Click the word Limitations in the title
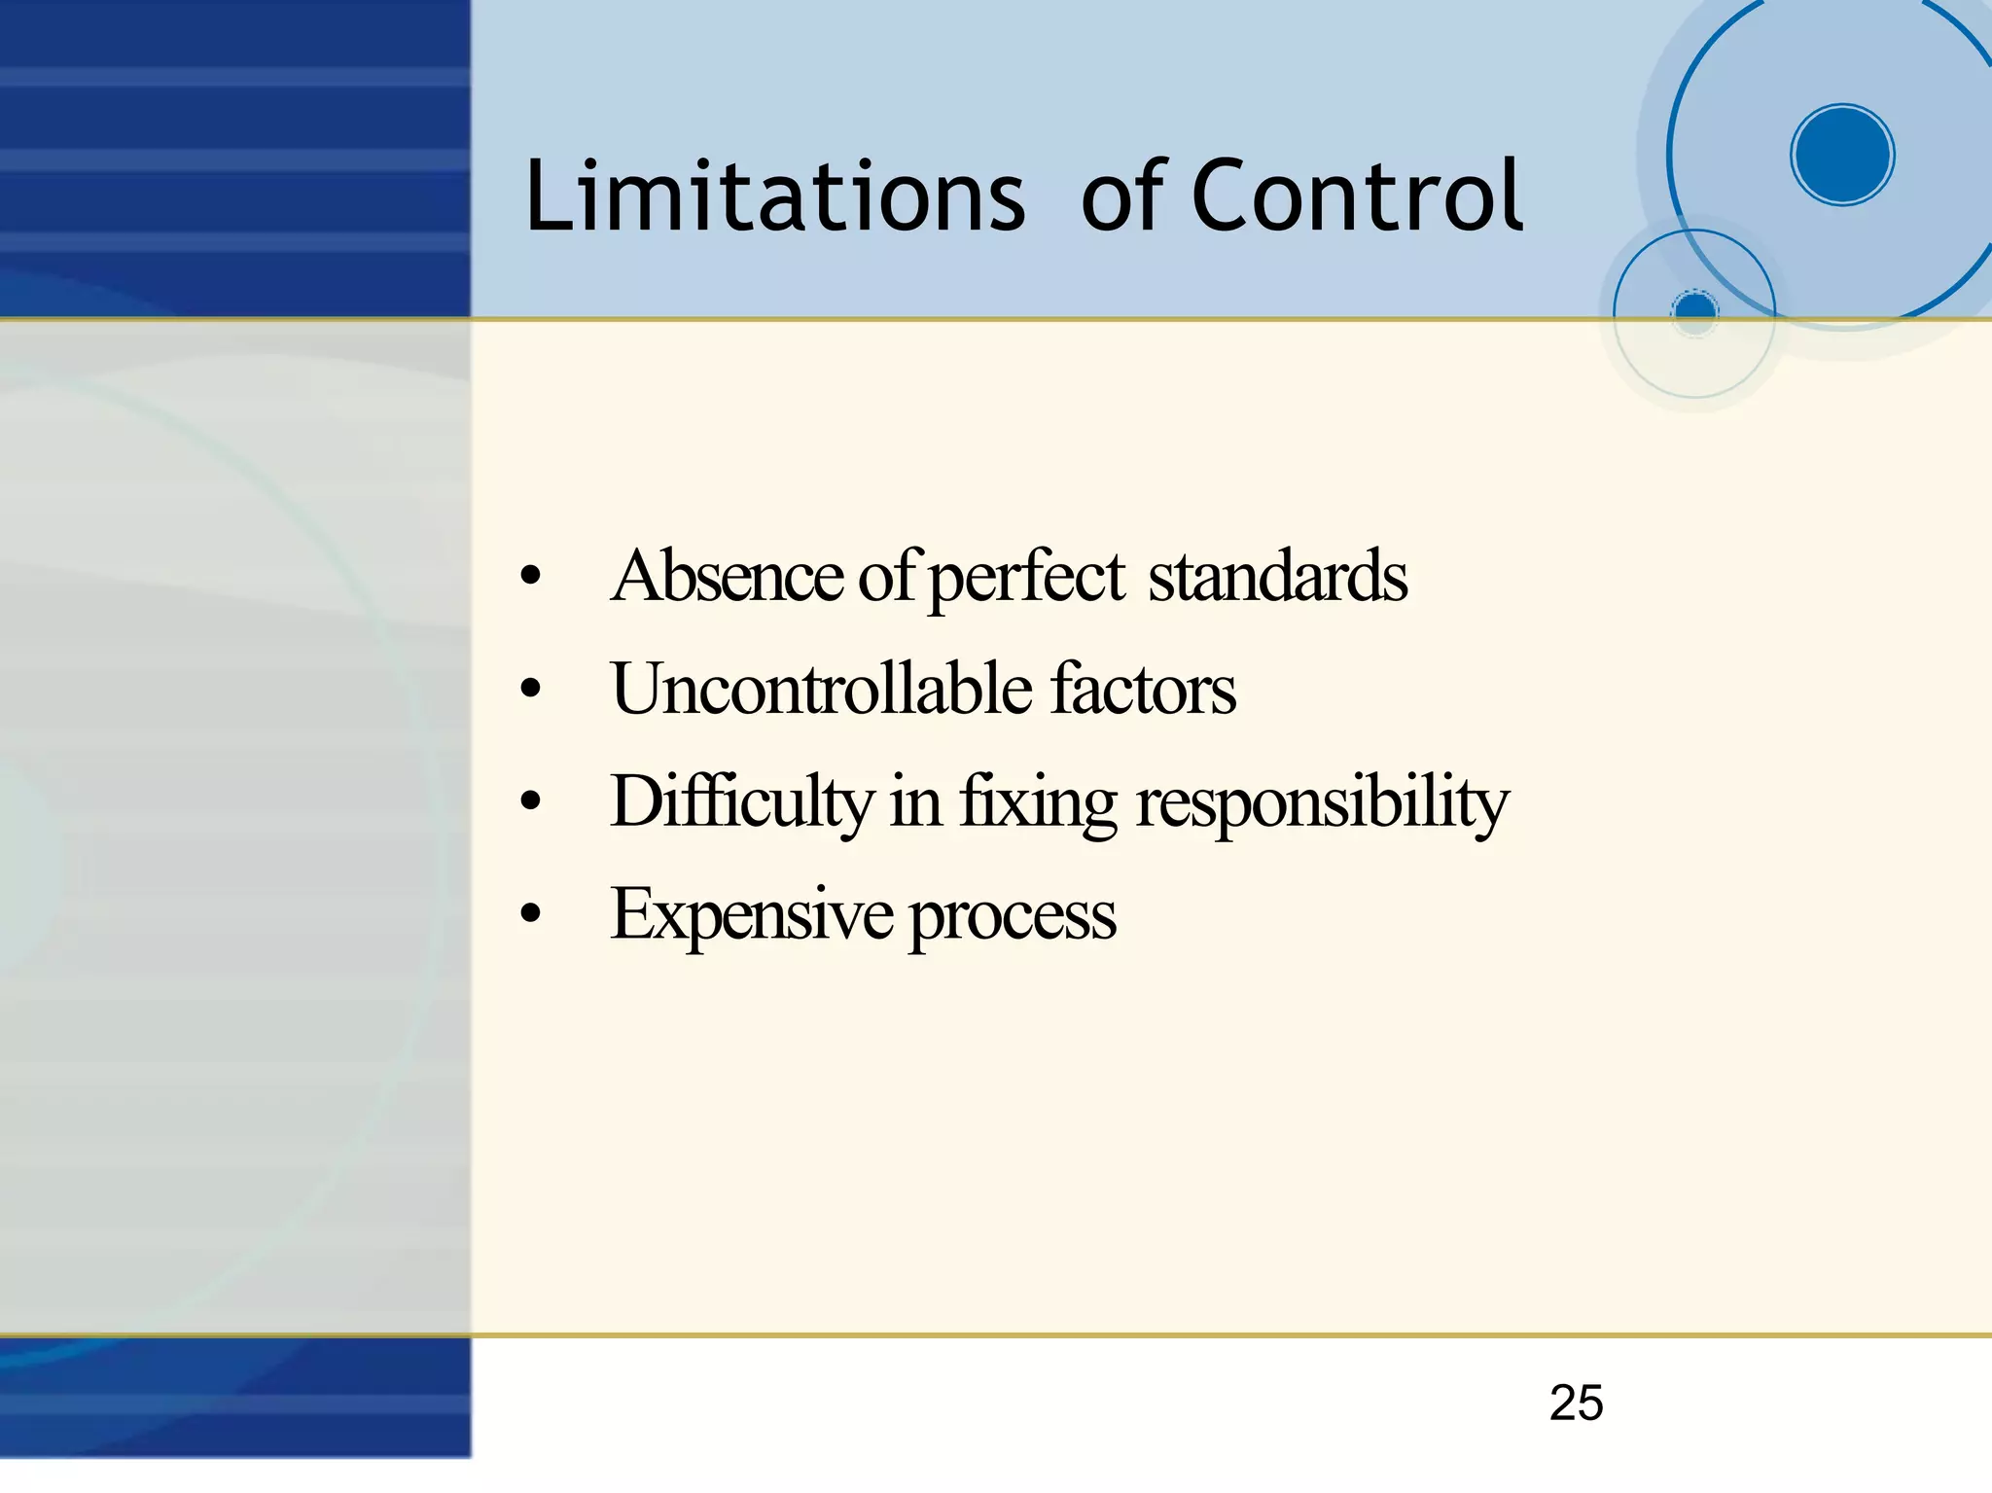(774, 197)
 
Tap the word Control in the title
(1357, 197)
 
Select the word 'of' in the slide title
(1123, 197)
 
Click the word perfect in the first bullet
(1027, 578)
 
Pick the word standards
(1277, 576)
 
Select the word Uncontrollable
(822, 689)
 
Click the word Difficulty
(742, 802)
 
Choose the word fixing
(1038, 803)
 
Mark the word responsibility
(1322, 803)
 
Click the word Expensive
(751, 915)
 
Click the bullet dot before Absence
(530, 577)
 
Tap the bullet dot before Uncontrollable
(530, 690)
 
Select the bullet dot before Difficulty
(530, 802)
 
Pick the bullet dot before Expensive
(530, 915)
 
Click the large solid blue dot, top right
(1842, 155)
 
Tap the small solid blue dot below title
(1695, 311)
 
